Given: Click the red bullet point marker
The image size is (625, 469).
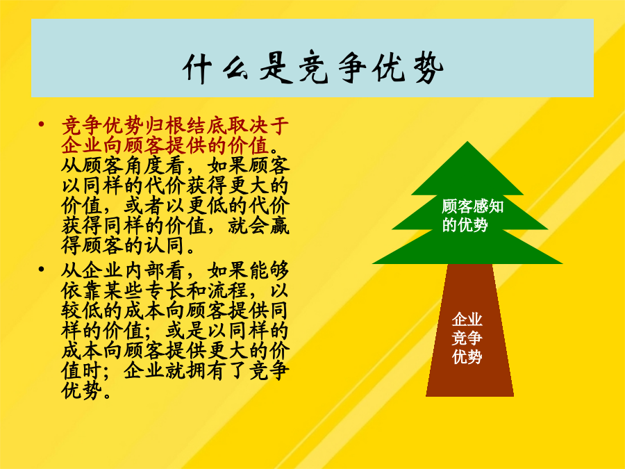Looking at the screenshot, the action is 41,124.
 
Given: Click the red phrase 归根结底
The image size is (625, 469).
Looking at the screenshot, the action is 185,126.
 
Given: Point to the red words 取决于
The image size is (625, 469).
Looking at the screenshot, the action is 258,126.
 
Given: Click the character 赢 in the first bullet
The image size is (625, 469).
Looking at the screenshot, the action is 279,226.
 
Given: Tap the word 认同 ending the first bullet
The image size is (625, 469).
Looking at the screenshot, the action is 165,246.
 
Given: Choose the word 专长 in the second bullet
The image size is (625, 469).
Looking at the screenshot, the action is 165,291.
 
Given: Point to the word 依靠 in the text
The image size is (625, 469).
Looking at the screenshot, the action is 82,291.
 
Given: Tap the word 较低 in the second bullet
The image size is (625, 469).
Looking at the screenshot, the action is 82,311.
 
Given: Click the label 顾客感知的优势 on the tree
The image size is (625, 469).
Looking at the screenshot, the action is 473,216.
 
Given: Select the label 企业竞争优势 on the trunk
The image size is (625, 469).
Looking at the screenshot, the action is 467,338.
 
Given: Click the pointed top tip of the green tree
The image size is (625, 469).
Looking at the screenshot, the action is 467,141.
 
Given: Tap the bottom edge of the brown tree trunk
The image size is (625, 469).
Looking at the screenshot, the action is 469,395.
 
